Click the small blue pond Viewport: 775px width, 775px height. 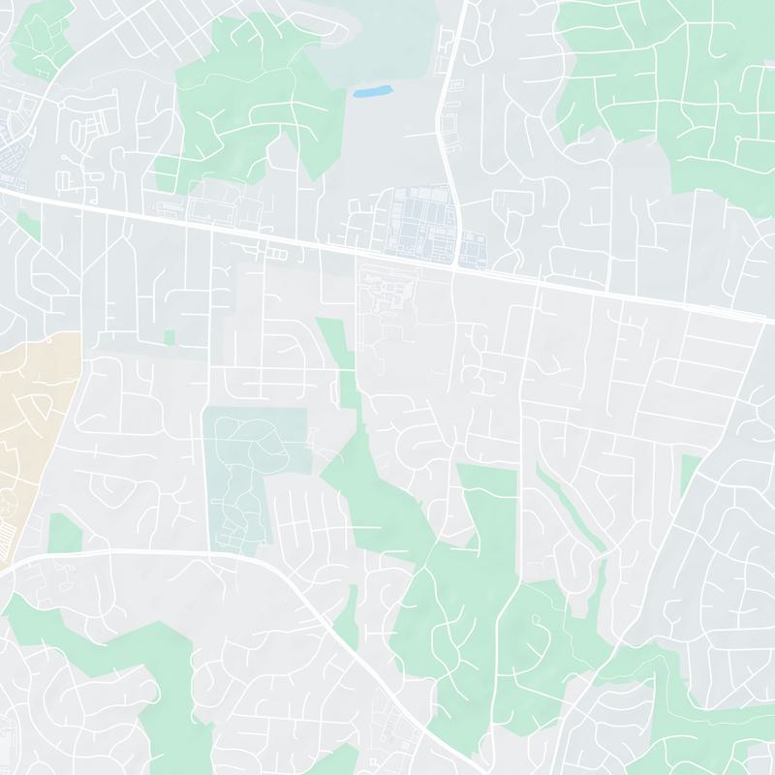pos(372,92)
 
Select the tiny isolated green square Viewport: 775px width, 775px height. pos(170,337)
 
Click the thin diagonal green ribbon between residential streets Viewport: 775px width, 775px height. pos(572,513)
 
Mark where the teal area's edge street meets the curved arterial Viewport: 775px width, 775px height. pos(210,554)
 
